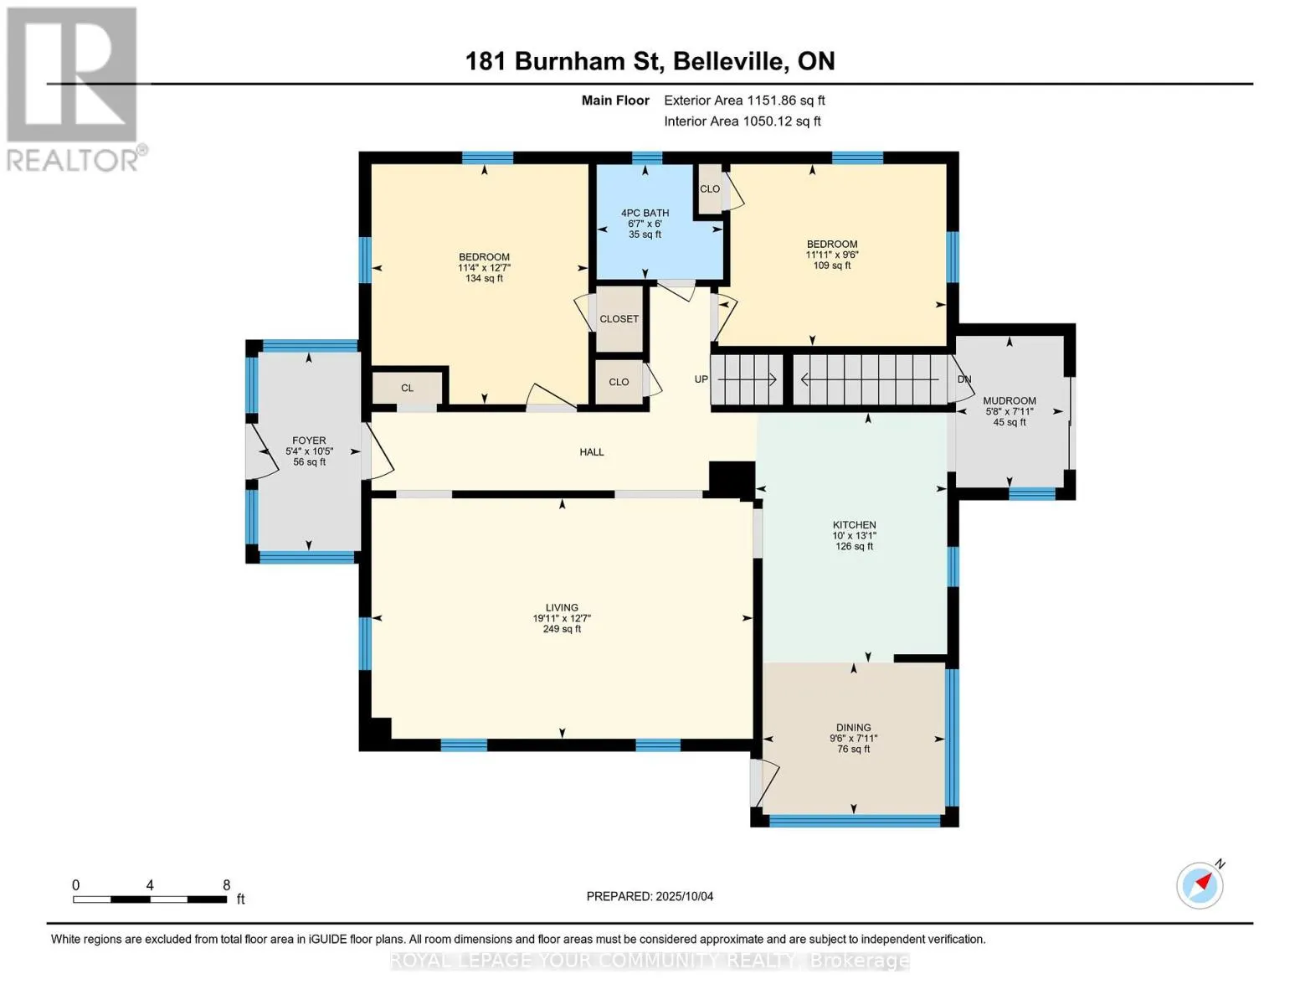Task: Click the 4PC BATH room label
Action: [645, 214]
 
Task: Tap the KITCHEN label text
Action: [854, 525]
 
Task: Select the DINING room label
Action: [853, 728]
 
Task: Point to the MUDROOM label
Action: [1010, 401]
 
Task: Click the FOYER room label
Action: [309, 441]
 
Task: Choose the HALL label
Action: [592, 452]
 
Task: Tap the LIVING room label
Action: [562, 608]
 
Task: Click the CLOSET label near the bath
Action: [619, 319]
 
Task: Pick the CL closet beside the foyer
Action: [407, 388]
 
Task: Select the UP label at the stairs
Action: [701, 379]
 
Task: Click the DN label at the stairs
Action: [964, 379]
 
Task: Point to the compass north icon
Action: [1200, 884]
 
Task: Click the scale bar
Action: [150, 899]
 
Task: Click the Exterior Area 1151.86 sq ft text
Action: [744, 100]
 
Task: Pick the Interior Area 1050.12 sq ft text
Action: [742, 121]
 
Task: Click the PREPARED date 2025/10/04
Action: [650, 896]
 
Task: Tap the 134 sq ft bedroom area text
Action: [484, 279]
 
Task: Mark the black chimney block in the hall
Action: [731, 479]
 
